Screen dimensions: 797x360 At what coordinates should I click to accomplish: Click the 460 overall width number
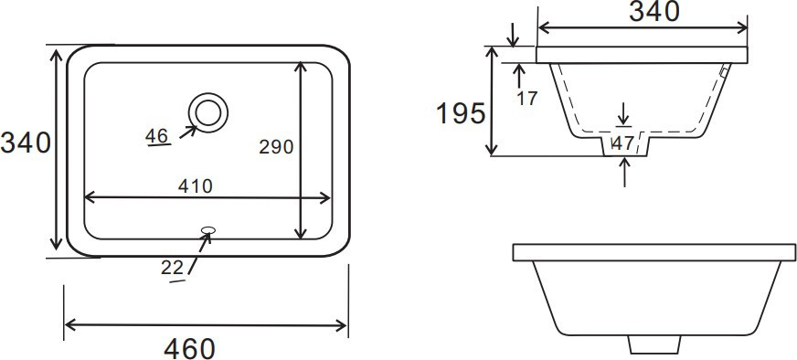point(189,349)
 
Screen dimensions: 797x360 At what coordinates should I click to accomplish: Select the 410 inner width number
point(196,186)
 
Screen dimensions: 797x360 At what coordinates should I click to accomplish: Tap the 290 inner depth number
point(276,146)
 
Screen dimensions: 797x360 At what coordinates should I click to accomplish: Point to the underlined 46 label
point(156,136)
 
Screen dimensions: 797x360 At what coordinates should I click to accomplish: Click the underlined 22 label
point(172,268)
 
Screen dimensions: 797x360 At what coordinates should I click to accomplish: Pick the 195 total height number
point(461,113)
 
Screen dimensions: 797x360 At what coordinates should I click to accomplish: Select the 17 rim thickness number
point(526,98)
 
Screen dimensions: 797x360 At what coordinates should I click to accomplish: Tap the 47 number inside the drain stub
point(623,143)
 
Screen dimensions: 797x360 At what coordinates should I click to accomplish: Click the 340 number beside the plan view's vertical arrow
point(26,143)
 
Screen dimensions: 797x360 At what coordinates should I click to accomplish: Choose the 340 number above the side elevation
point(654,11)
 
